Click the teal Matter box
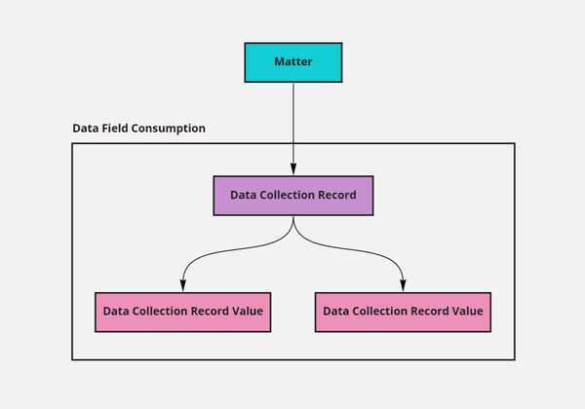292,62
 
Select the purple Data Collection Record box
292,195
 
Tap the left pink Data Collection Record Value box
183,312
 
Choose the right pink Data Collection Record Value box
403,312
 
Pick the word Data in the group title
85,129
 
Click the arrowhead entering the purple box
292,169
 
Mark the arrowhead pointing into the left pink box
183,285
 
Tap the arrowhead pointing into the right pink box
403,285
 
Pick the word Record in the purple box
336,195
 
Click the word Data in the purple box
243,195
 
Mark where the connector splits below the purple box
292,226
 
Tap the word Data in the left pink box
116,312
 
